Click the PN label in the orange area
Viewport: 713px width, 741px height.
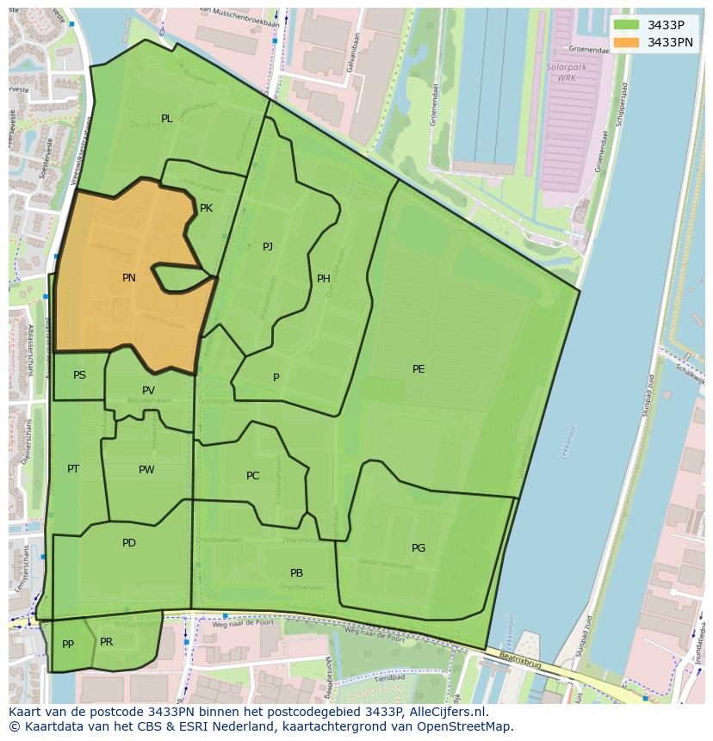(128, 278)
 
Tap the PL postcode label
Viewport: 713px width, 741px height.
(167, 119)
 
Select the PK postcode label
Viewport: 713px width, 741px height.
(206, 208)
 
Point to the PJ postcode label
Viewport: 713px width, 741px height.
(268, 247)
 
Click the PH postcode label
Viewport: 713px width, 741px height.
(324, 279)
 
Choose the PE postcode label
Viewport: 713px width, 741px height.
(418, 369)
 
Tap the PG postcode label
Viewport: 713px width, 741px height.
(418, 548)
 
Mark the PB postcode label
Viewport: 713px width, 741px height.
(296, 573)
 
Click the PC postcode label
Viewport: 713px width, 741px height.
(252, 476)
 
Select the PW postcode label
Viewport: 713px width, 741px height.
(146, 470)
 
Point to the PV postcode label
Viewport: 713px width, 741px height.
(148, 391)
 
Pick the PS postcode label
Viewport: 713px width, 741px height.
(79, 375)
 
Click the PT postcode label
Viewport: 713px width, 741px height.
(73, 469)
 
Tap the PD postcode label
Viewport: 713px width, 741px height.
(129, 543)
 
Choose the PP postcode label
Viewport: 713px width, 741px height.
(68, 645)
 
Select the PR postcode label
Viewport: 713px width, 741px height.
(106, 642)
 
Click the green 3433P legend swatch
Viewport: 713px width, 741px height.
(626, 25)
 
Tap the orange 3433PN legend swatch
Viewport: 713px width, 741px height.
(626, 42)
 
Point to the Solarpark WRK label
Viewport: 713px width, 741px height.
(561, 72)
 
